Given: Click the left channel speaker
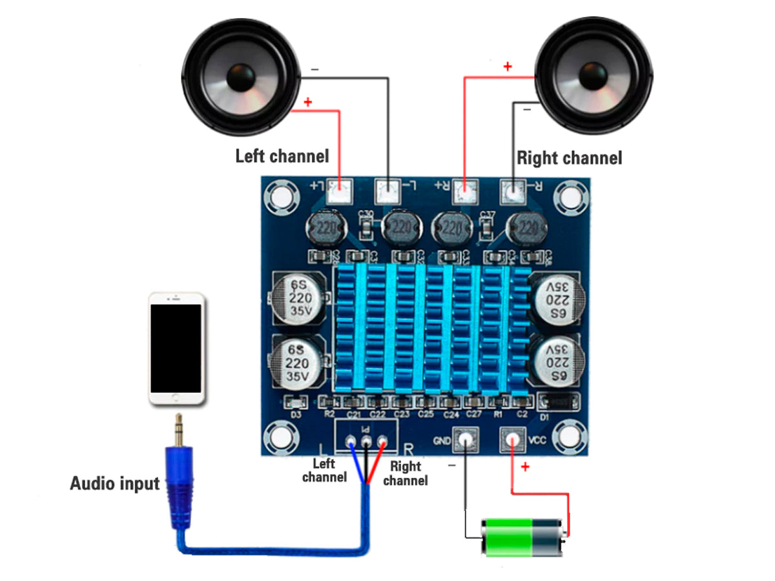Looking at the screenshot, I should tap(240, 76).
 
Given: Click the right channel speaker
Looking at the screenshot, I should tap(594, 76).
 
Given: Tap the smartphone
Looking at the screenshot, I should tap(176, 349).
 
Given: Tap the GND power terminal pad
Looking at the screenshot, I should tap(465, 440).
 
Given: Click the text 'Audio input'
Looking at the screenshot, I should tap(114, 483).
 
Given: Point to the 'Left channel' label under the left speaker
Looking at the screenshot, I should tap(282, 156).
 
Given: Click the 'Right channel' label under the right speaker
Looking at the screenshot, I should tap(569, 158).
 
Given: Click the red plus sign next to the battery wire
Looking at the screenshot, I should tap(524, 466).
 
